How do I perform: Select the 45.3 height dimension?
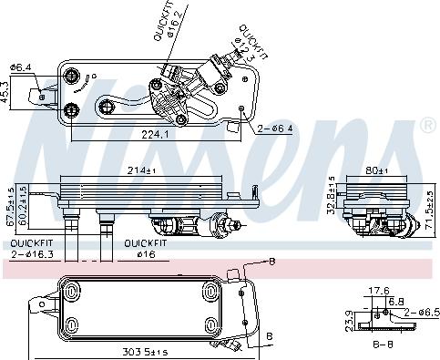(8, 93)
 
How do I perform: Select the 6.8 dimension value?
(398, 301)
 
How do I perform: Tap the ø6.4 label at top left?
(21, 66)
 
